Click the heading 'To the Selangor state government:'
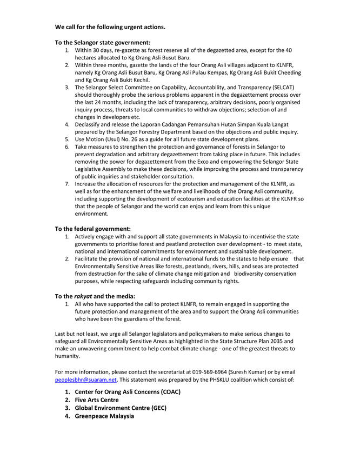(x=103, y=42)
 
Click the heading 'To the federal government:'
(x=93, y=229)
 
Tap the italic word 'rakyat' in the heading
(x=84, y=296)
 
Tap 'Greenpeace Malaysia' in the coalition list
(x=104, y=416)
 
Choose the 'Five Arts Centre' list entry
(x=97, y=400)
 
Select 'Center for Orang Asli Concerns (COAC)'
(x=128, y=391)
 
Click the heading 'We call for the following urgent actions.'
(x=110, y=26)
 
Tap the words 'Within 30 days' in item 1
(x=94, y=50)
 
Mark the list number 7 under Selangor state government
(x=67, y=184)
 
